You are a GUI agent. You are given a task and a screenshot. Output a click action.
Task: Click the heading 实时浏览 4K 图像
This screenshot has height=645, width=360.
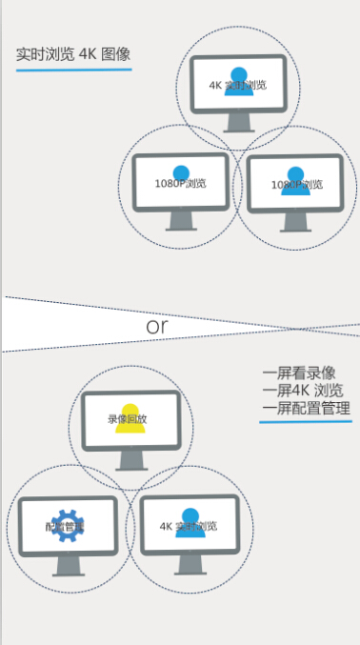(x=72, y=53)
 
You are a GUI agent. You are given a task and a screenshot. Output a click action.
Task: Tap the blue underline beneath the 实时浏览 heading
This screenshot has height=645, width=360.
(x=72, y=70)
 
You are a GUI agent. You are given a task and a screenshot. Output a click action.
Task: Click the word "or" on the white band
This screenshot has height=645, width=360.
(x=158, y=326)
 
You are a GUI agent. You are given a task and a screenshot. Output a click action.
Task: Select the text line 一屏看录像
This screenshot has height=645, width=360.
(x=298, y=373)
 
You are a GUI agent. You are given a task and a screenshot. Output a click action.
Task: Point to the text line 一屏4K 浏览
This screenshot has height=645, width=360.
(x=303, y=391)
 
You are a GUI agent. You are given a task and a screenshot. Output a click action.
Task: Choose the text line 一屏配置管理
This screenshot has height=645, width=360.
(x=306, y=409)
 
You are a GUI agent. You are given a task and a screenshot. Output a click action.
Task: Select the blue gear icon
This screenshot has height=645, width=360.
(x=65, y=526)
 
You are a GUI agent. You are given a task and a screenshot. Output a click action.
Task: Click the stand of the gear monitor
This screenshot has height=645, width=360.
(x=67, y=565)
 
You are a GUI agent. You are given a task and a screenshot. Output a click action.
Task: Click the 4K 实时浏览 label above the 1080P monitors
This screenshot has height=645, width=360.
(x=237, y=86)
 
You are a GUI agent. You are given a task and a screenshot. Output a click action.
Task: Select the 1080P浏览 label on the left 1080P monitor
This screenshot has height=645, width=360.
(x=181, y=183)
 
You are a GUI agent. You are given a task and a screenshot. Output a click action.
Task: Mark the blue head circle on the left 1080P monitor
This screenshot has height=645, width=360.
(x=181, y=171)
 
